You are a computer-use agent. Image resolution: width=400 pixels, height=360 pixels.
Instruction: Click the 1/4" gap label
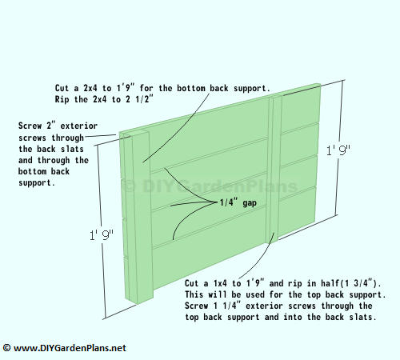tap(238, 202)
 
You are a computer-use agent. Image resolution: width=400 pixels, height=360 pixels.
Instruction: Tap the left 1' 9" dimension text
tap(102, 235)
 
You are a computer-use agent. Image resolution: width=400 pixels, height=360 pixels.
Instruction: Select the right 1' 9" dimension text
tap(338, 150)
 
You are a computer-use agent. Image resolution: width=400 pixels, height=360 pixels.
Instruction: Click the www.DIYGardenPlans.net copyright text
tap(64, 348)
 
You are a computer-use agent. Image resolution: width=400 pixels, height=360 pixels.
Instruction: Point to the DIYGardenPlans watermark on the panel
tap(210, 186)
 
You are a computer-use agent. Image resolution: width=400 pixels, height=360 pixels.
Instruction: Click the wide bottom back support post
tap(141, 216)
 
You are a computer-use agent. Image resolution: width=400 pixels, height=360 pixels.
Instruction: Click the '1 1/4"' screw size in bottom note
tap(227, 306)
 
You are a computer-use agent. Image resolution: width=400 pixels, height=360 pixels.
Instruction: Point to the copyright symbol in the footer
tap(6, 348)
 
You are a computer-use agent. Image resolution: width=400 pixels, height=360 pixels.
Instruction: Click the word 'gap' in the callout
tap(250, 203)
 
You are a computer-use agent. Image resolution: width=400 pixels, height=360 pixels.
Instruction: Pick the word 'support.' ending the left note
tap(37, 183)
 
